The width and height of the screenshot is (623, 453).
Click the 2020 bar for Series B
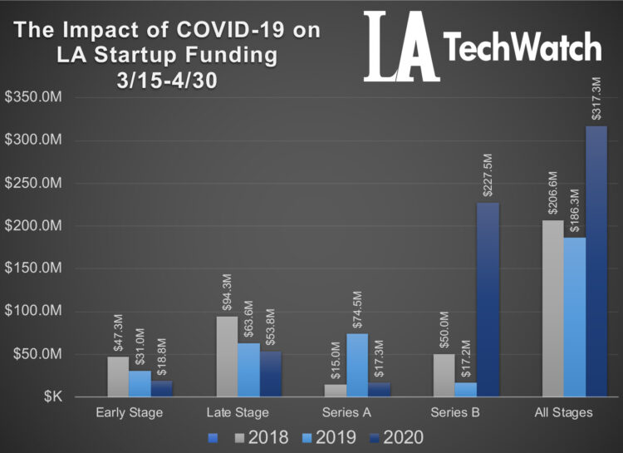pos(488,300)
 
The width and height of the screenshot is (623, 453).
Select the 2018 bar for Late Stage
pos(228,357)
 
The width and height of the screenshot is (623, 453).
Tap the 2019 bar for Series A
pos(357,365)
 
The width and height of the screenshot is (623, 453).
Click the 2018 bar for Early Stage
pos(118,377)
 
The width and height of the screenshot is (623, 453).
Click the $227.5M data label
pos(488,175)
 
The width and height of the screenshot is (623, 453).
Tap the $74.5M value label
pos(357,307)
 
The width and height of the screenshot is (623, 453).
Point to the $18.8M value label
pos(161,355)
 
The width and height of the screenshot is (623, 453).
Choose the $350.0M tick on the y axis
pos(34,97)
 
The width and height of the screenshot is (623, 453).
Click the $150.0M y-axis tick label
pos(34,268)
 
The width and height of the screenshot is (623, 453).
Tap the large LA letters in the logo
pos(400,47)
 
